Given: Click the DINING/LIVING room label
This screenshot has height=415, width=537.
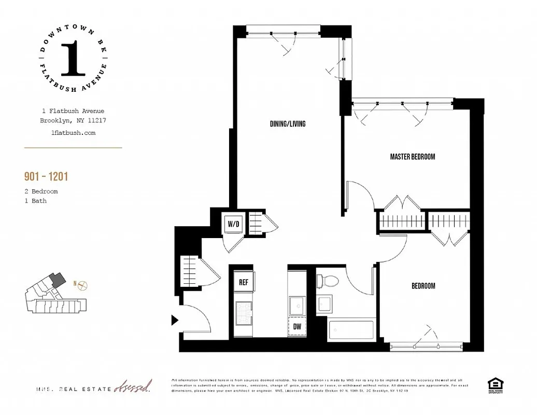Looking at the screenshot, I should [288, 124].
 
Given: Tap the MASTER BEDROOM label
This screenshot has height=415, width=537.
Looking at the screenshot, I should [412, 157].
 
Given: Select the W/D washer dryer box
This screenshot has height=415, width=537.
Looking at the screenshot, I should [233, 224].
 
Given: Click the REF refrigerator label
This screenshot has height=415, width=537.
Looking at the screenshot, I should [244, 283].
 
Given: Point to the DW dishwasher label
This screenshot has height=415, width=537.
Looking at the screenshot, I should [298, 327].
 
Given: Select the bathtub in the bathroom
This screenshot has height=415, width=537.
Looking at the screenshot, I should [351, 329].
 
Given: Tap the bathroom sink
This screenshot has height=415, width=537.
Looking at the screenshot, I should [325, 303].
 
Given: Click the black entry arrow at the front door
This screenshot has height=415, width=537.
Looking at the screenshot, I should [175, 320].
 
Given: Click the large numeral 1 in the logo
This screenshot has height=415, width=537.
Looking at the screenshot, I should [73, 58].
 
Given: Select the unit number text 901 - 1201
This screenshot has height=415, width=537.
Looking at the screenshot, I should [46, 177].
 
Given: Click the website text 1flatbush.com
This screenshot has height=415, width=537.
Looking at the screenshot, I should [73, 133].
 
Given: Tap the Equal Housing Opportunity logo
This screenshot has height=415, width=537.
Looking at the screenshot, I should [495, 385].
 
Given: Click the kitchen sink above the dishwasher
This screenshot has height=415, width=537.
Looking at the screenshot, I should [298, 305].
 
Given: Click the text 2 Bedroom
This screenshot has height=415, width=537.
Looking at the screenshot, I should [41, 191].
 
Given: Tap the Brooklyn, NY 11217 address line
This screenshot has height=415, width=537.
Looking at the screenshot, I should [73, 120].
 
